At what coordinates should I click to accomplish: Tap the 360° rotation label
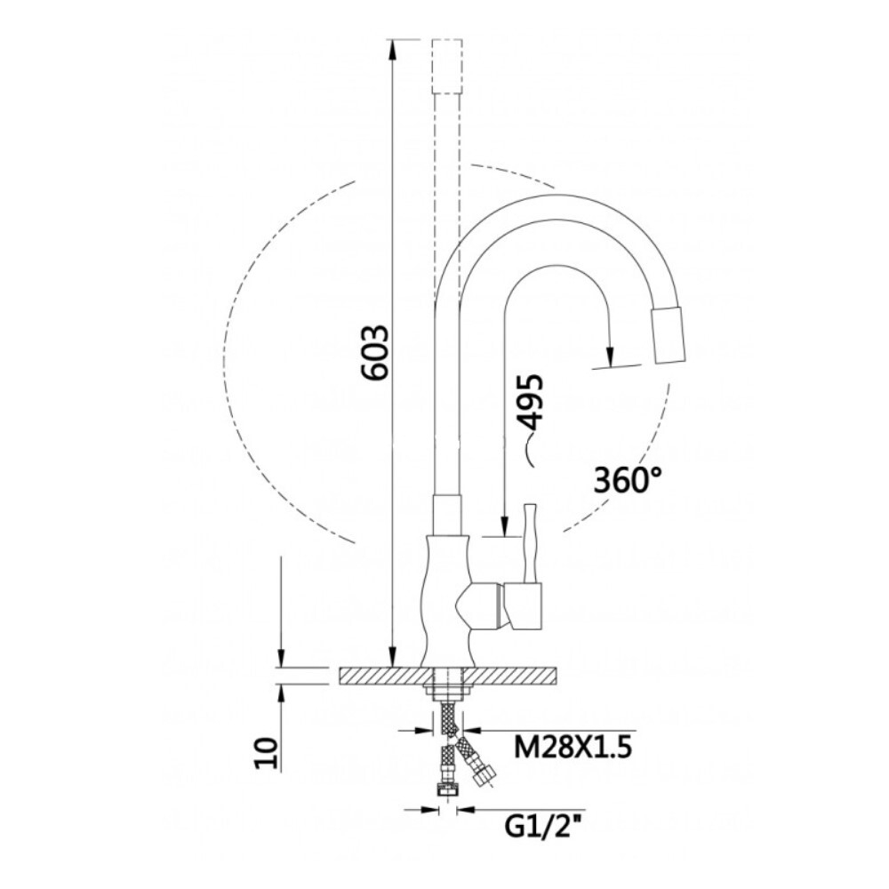pos(629,480)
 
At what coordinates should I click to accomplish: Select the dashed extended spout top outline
pos(447,66)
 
